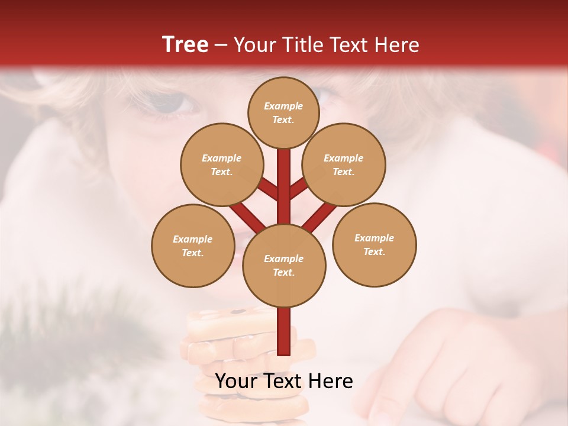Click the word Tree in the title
[x=185, y=44]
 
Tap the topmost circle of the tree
[x=283, y=112]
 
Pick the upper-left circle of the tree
[x=221, y=164]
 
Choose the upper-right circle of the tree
[x=343, y=164]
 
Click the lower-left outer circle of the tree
[x=192, y=246]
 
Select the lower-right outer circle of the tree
[x=374, y=244]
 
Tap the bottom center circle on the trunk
[x=283, y=265]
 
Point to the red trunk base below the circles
[x=284, y=334]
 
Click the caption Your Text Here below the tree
[x=283, y=381]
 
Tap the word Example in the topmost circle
[x=283, y=106]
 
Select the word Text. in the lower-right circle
[x=374, y=251]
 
